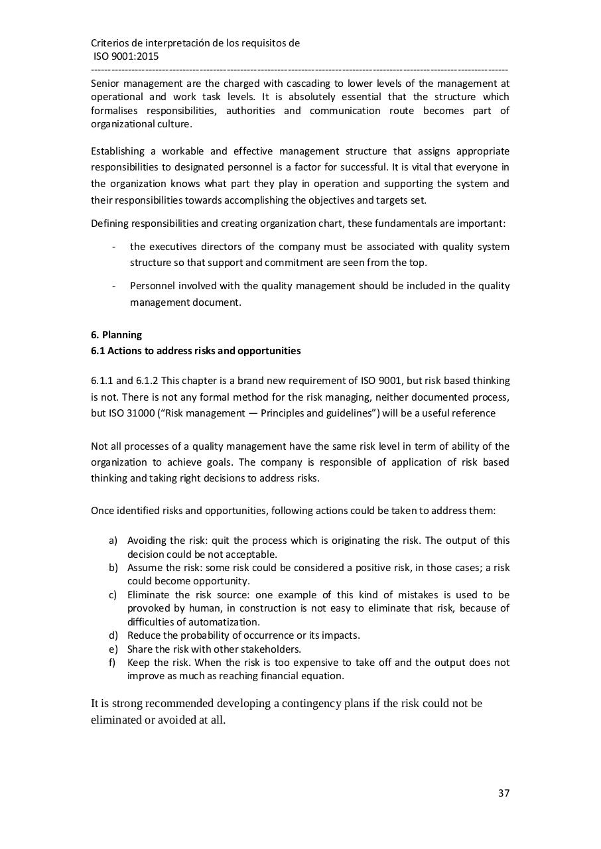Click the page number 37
tap(503, 793)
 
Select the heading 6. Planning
tap(116, 335)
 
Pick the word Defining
tap(109, 224)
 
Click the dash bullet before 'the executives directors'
tap(115, 247)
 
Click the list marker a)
tap(113, 541)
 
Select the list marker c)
tap(113, 595)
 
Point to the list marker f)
tap(113, 663)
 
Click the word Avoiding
tap(147, 541)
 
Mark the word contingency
tap(312, 704)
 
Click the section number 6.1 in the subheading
tap(98, 351)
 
